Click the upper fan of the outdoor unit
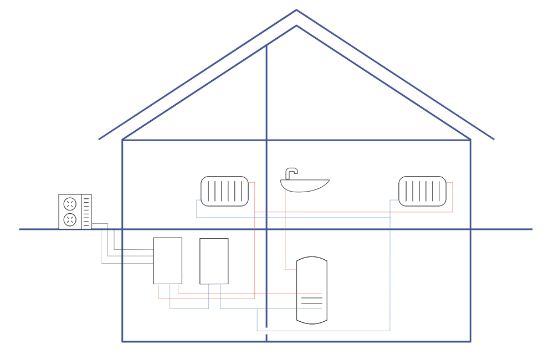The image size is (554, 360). click(x=70, y=203)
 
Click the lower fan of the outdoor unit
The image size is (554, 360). click(x=70, y=220)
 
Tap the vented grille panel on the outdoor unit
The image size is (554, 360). click(x=86, y=212)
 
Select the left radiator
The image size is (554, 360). click(x=224, y=191)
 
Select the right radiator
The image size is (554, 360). click(x=422, y=191)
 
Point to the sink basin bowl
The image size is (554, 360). click(x=305, y=186)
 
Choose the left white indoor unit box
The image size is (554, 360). click(x=167, y=260)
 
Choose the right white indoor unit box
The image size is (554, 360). click(x=214, y=261)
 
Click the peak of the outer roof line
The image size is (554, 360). click(x=296, y=10)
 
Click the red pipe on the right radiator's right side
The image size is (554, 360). click(x=452, y=197)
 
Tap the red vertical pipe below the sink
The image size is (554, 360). click(x=285, y=233)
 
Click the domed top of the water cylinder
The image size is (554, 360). click(x=312, y=259)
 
